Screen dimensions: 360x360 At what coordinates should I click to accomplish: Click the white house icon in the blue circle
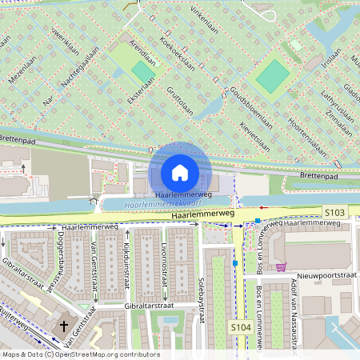pos(180,173)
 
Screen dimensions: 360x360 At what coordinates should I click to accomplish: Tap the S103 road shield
pos(335,212)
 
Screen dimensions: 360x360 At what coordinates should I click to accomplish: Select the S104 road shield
pos(241,328)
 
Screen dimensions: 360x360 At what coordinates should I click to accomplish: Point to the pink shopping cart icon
pos(281,266)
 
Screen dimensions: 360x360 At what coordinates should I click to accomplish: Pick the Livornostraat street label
pos(163,263)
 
